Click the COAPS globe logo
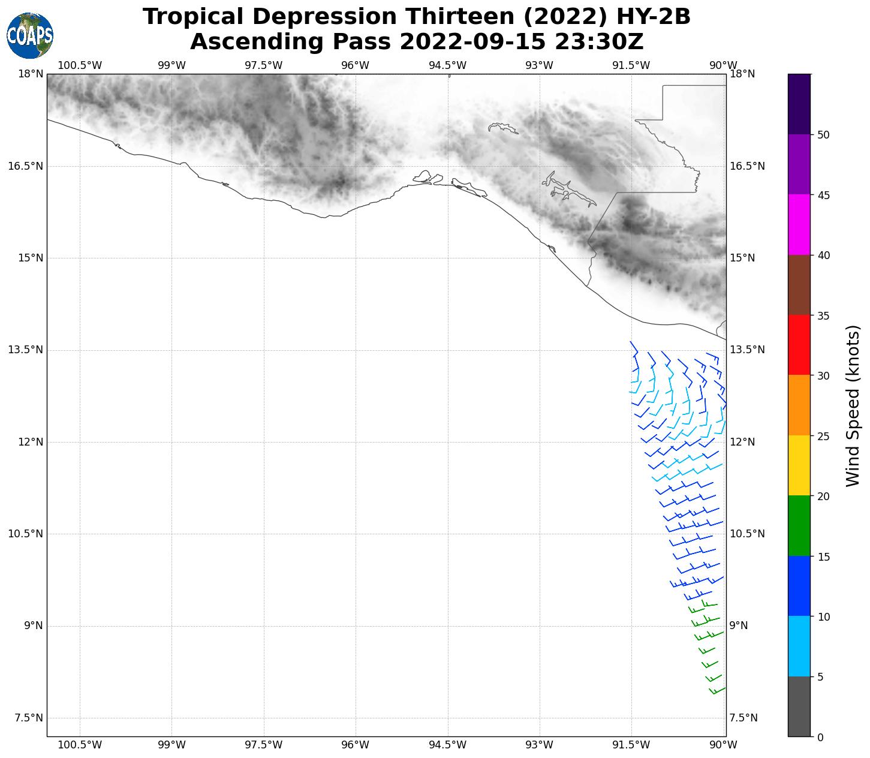click(30, 36)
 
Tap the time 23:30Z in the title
click(599, 42)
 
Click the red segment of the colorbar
click(799, 345)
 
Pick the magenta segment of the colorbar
click(799, 225)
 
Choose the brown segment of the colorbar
click(799, 285)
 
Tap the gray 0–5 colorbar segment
click(799, 706)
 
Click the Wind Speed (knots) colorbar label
click(852, 405)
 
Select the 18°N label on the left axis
click(31, 74)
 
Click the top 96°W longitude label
click(355, 65)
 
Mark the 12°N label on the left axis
click(31, 442)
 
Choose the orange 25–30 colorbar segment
click(799, 405)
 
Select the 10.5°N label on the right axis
click(746, 534)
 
